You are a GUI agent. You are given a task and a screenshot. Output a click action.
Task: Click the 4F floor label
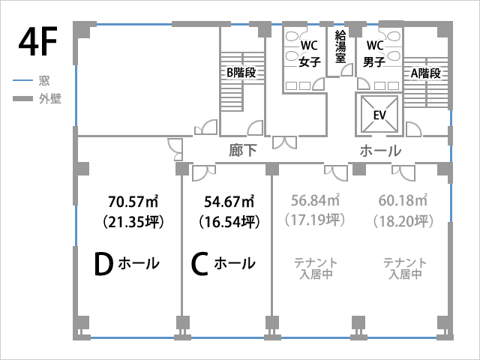click(x=37, y=42)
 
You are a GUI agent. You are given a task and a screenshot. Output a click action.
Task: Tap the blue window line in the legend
click(x=22, y=80)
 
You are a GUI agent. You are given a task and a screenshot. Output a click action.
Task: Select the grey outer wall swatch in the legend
click(x=22, y=98)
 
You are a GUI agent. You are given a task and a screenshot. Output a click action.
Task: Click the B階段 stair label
click(x=241, y=73)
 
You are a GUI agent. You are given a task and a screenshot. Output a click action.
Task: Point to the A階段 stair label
click(x=425, y=73)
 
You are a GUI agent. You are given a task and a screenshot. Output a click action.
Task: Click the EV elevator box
click(x=380, y=115)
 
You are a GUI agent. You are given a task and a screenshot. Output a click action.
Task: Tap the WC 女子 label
click(x=310, y=53)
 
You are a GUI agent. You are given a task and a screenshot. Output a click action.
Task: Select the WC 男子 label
click(x=375, y=53)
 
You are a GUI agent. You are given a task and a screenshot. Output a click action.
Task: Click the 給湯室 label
click(x=340, y=46)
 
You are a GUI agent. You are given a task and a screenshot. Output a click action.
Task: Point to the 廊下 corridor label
click(x=243, y=151)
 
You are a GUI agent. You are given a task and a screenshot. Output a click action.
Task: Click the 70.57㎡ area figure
click(x=133, y=202)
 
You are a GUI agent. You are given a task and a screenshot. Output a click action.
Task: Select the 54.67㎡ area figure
click(x=229, y=202)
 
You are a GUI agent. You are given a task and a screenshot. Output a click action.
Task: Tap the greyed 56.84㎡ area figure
click(x=315, y=200)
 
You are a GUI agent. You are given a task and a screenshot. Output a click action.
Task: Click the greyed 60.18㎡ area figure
click(x=403, y=200)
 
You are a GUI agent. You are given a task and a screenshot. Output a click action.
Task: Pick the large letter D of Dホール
click(x=103, y=264)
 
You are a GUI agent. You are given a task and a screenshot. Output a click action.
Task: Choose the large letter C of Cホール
click(x=199, y=264)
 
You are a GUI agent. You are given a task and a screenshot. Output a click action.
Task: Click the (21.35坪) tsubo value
click(x=133, y=222)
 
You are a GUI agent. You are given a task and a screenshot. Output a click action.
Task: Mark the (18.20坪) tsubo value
click(x=403, y=221)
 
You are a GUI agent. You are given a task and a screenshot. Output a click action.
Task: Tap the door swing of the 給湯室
click(x=347, y=70)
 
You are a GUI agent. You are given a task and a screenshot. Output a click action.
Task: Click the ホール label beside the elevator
click(x=380, y=151)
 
